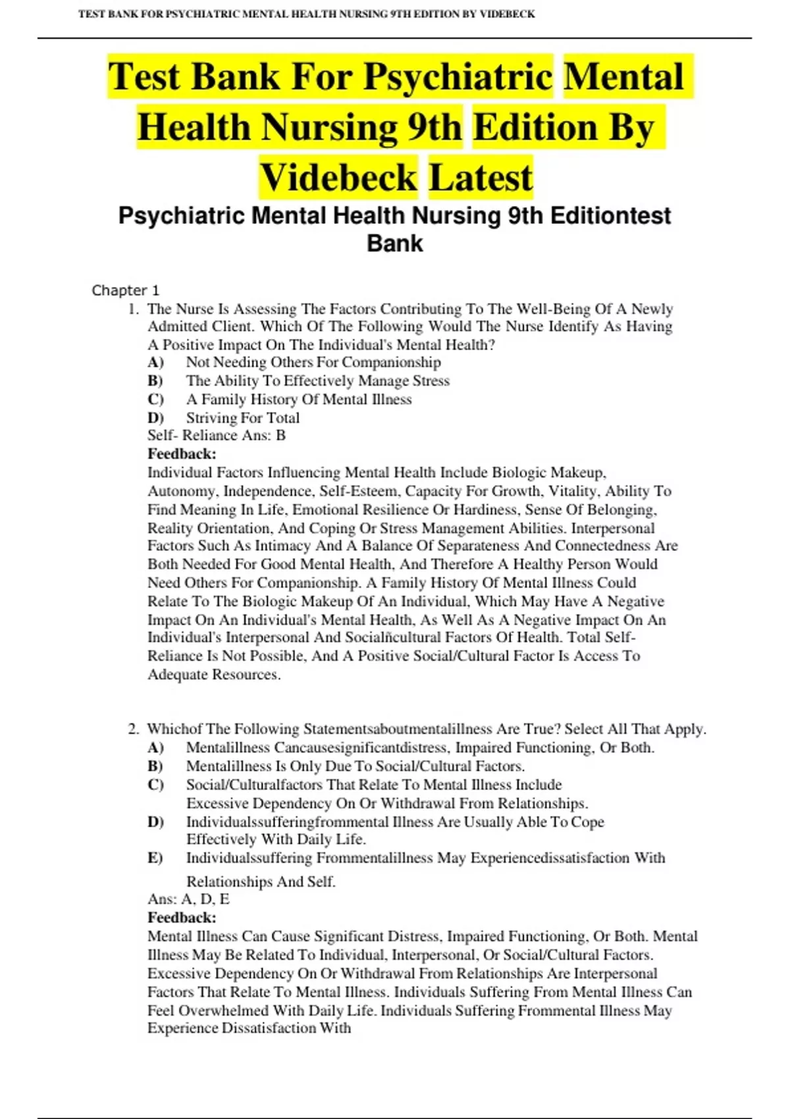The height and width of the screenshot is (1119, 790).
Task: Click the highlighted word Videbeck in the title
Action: coord(338,177)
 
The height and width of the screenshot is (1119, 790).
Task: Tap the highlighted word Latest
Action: coord(481,177)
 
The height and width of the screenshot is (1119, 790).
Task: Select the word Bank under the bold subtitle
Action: coord(394,244)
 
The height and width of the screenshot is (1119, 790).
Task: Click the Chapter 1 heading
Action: coord(125,290)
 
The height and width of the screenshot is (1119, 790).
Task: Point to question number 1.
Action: coord(133,309)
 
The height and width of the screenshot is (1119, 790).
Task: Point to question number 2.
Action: coord(133,729)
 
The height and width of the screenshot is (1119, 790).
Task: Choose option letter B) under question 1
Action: coord(155,380)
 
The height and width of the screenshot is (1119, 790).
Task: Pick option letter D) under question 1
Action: coord(155,418)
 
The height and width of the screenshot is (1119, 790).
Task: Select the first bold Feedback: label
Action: coord(182,454)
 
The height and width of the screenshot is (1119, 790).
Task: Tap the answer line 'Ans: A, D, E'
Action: coord(188,899)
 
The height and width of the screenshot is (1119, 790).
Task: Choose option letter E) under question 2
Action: coord(155,858)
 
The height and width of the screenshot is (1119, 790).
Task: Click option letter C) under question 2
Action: coord(155,785)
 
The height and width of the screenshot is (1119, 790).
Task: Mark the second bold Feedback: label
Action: coord(182,918)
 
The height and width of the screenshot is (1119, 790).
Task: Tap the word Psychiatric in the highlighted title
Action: coord(458,76)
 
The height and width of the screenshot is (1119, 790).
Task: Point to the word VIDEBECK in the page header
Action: coord(508,14)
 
